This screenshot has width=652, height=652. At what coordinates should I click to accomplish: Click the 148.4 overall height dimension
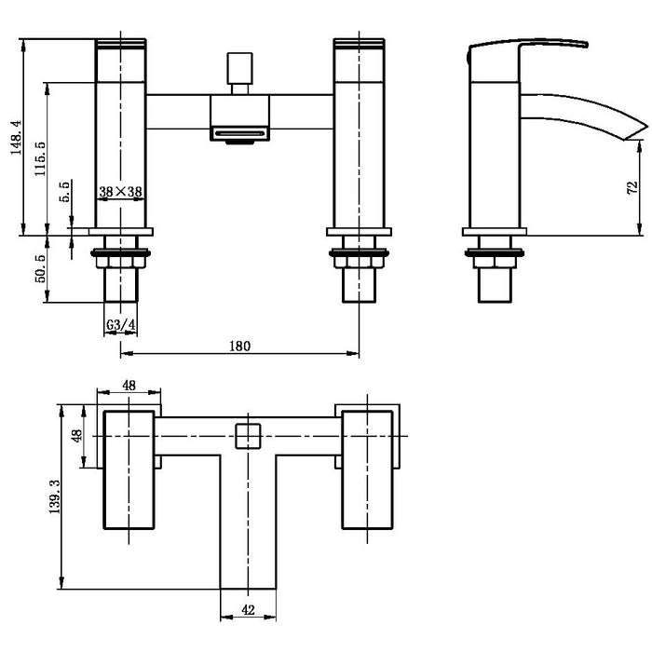tap(17, 137)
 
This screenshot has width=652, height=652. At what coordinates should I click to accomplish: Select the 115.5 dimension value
tap(40, 159)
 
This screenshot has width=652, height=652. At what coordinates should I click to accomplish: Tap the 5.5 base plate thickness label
tap(65, 192)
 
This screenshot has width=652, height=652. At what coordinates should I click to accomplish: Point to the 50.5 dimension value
tap(40, 269)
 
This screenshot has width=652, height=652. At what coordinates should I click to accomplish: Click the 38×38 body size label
tap(120, 192)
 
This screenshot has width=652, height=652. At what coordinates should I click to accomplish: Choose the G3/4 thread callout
tap(120, 325)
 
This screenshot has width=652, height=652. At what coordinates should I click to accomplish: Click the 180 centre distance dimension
tap(240, 346)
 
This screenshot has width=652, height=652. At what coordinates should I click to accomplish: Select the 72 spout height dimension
tap(632, 188)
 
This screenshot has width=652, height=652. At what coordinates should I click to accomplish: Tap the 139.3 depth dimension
tap(54, 496)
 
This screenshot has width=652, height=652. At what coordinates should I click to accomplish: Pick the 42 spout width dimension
tap(248, 610)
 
